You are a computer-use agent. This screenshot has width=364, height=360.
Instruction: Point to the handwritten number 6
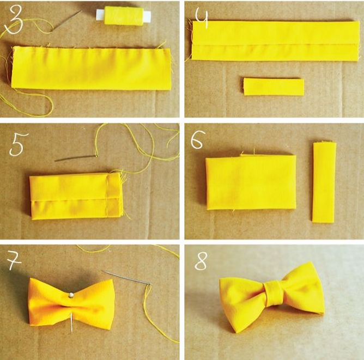(198, 139)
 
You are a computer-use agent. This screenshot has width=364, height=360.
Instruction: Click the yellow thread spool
(124, 15)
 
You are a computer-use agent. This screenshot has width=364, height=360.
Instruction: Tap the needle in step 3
(67, 20)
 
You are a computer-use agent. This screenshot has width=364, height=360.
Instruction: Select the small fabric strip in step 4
(274, 87)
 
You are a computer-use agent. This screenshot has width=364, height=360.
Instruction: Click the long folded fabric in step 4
(275, 41)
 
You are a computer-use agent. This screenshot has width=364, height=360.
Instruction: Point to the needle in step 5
(76, 158)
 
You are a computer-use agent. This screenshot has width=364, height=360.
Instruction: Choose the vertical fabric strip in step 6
(324, 182)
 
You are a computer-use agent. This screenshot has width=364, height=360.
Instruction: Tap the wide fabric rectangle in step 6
(251, 182)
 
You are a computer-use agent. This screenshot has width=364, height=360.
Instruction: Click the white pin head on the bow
(71, 295)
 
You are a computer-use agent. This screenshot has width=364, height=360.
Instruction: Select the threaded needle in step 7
(126, 277)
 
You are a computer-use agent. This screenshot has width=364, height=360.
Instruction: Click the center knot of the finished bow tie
(274, 294)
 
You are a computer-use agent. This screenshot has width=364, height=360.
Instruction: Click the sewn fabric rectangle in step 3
(92, 69)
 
